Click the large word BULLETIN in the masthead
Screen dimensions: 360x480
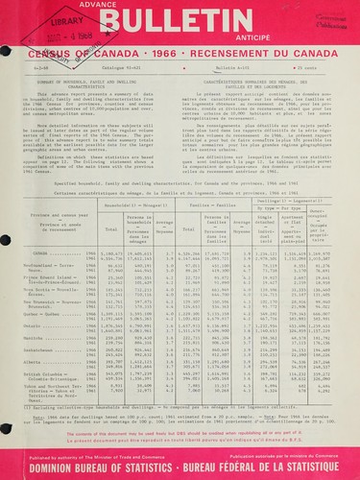178,22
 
